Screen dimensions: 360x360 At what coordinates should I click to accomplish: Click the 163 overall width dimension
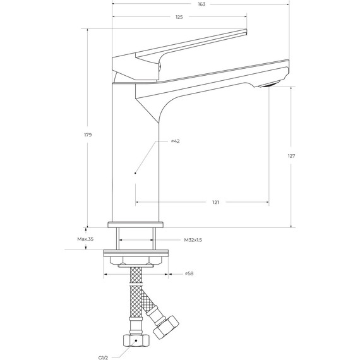[x=201, y=4]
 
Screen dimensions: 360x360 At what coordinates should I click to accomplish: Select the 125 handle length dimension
[x=179, y=17]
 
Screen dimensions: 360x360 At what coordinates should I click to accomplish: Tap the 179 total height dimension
[x=88, y=135]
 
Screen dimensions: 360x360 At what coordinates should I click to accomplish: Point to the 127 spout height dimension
[x=291, y=156]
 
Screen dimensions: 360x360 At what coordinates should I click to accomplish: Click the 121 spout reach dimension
[x=216, y=202]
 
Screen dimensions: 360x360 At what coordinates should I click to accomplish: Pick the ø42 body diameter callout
[x=175, y=141]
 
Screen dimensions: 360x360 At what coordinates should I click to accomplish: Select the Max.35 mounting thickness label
[x=85, y=239]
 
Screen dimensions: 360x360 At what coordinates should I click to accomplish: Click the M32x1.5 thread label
[x=193, y=240]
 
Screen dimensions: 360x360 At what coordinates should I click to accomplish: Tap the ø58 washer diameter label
[x=189, y=273]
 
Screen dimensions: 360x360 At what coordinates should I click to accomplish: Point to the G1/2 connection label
[x=103, y=357]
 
